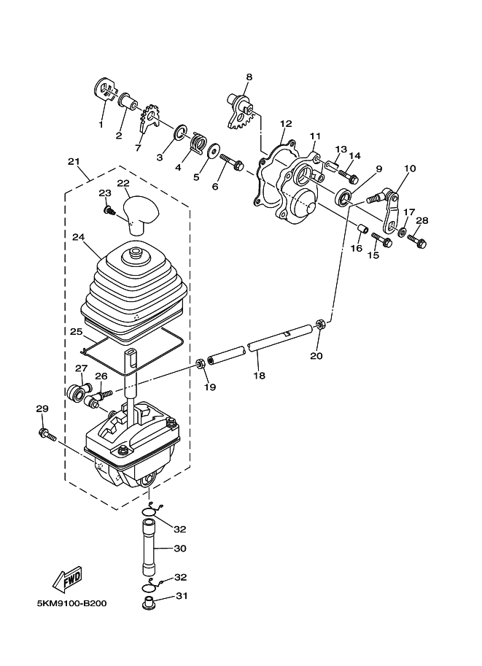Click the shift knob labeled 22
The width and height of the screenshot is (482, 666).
point(141,211)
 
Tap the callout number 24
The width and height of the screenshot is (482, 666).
point(79,237)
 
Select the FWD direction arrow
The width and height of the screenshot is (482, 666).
point(67,579)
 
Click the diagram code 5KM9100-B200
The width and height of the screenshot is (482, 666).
point(71,605)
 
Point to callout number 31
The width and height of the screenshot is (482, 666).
point(181,595)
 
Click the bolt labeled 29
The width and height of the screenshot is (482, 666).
point(47,435)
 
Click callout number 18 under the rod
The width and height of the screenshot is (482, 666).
point(260,376)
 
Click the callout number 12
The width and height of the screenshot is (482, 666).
point(285,123)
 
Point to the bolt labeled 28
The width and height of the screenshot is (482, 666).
point(417,239)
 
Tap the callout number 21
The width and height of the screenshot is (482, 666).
point(73,161)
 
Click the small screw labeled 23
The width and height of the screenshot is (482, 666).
point(109,211)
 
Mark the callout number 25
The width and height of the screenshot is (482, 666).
point(77,332)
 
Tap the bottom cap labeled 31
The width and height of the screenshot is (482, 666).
point(149,604)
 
